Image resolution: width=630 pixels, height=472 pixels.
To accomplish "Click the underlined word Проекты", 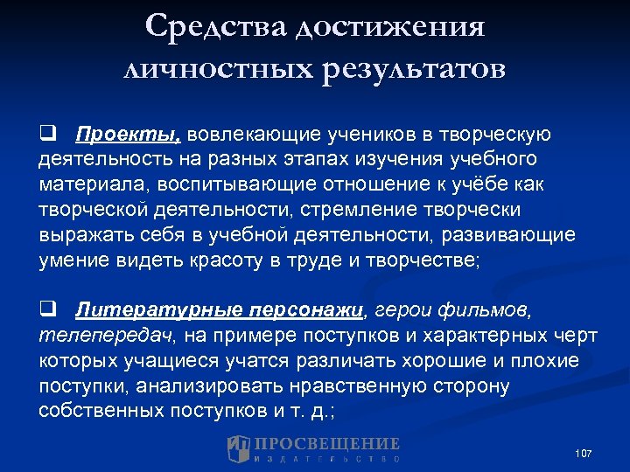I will point(128,135).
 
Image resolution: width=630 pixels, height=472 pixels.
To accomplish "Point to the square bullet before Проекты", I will point(47,135).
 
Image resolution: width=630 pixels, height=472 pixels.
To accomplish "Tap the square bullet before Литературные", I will point(47,309).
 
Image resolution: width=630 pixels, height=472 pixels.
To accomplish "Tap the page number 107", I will point(583,453).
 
